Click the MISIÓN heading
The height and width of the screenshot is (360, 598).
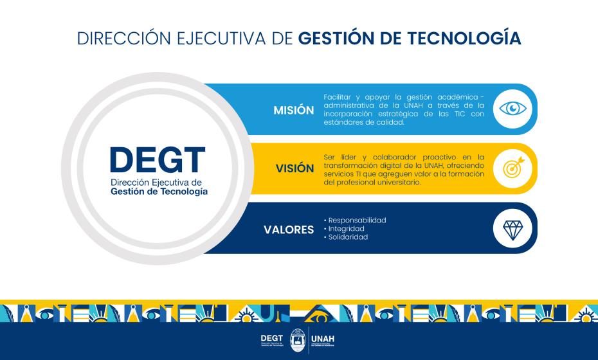294,110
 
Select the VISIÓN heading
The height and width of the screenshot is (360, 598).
295,169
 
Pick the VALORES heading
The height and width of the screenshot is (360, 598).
289,230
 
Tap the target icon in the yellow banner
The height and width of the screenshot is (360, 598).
512,168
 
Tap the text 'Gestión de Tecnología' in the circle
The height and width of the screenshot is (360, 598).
159,192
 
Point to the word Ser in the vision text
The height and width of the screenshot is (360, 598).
329,157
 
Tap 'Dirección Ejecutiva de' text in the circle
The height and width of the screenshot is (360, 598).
156,183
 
